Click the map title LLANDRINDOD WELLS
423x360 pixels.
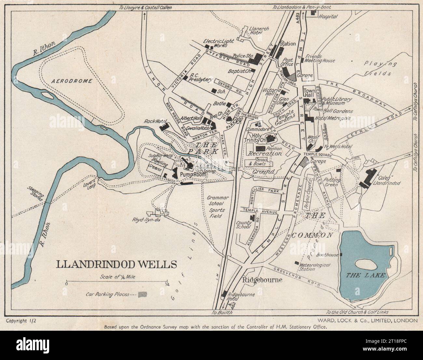pos(117,264)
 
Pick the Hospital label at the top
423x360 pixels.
pos(328,16)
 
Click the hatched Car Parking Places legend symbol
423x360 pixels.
pos(143,294)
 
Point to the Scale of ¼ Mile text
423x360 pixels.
pos(117,277)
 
